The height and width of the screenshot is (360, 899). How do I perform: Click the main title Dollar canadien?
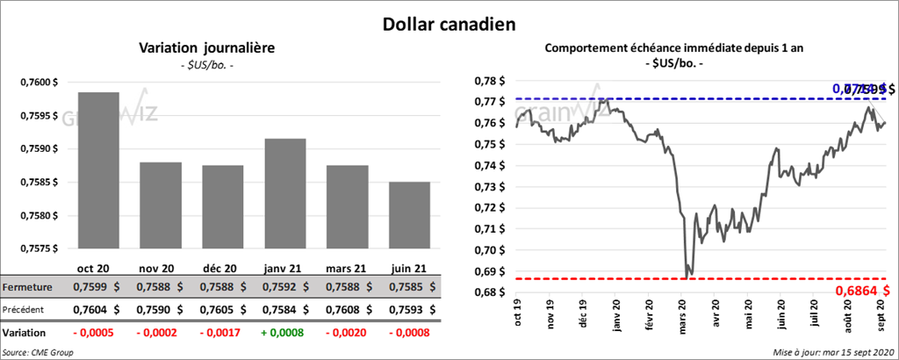(449, 24)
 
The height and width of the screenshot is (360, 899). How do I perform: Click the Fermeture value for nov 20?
(162, 288)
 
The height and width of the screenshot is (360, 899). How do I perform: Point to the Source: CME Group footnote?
(38, 352)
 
